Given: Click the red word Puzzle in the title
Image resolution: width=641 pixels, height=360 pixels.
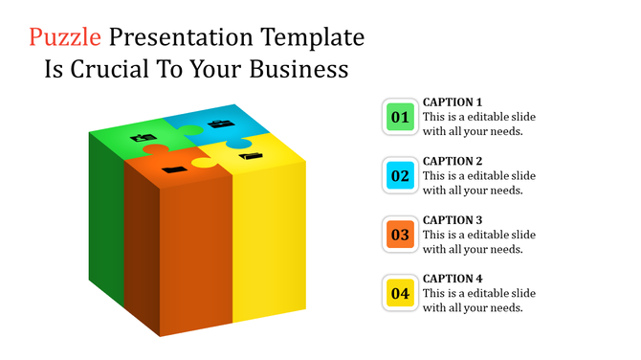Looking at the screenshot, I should coord(65,38).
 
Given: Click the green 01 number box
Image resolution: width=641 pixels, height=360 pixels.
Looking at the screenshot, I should coord(400,117).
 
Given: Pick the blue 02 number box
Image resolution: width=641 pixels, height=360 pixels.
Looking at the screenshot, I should coord(400,175).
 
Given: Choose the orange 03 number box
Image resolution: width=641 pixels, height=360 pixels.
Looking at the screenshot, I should coord(400,234).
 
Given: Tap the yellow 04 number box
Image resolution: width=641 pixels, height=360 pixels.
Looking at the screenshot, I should coord(400,292).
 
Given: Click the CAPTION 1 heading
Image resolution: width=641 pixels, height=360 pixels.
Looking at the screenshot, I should coord(453,101).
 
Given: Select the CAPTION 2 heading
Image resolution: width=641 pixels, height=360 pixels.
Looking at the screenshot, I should coord(453,161).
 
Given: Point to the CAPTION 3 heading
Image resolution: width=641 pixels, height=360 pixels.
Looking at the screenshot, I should coord(453,219).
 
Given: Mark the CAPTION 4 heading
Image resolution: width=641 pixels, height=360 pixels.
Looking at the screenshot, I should coord(453,278).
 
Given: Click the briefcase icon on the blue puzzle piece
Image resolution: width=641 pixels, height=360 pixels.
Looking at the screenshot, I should coord(219,124).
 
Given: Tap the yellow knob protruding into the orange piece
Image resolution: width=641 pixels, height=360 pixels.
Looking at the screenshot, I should coord(203,163).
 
